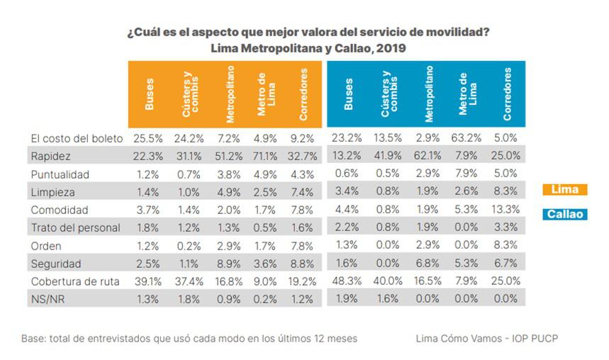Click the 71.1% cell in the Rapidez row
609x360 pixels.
(x=264, y=155)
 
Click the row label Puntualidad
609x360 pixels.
(x=59, y=173)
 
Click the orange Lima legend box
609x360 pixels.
(x=564, y=189)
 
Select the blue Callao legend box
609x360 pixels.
(x=564, y=213)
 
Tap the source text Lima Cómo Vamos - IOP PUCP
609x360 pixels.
(x=487, y=339)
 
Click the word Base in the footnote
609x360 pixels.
(x=33, y=339)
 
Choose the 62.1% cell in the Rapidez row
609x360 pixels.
(x=428, y=155)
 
